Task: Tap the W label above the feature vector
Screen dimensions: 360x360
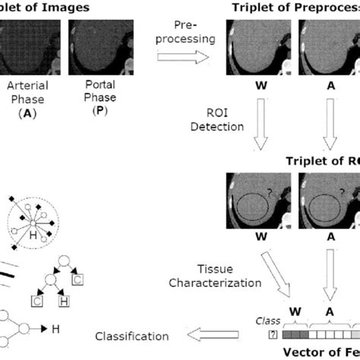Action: click(292, 319)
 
